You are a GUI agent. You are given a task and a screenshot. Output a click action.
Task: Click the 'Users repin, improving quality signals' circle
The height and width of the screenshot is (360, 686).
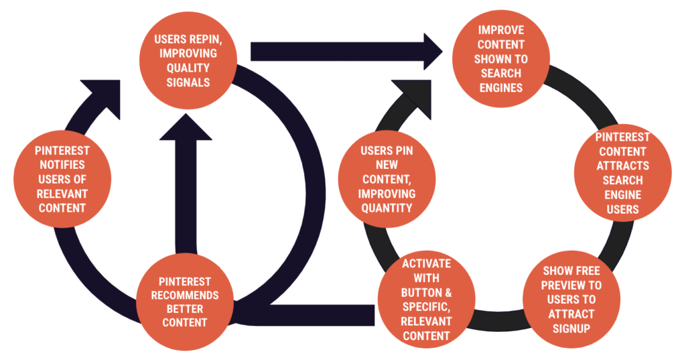(188, 60)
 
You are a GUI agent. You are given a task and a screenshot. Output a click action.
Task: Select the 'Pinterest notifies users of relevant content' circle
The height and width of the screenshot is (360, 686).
(62, 179)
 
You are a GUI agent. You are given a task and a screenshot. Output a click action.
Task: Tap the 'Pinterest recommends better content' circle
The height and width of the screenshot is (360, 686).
(185, 302)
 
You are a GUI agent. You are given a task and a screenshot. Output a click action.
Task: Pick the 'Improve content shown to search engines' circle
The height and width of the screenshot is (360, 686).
(501, 59)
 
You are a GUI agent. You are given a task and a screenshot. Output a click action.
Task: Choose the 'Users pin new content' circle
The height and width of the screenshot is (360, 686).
(387, 179)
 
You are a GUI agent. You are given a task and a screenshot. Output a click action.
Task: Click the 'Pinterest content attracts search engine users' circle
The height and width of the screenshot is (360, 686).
(622, 173)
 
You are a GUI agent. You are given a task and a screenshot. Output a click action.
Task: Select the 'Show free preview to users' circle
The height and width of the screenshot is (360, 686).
(571, 300)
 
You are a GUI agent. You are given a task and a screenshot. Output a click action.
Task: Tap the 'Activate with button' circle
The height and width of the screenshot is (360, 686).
(426, 300)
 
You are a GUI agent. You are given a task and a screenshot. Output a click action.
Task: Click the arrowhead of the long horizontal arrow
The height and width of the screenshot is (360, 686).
(433, 51)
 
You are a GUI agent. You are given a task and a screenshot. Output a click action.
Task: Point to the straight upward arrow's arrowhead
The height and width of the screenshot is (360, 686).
(186, 127)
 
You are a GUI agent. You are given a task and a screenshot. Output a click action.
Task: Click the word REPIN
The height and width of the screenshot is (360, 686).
(205, 40)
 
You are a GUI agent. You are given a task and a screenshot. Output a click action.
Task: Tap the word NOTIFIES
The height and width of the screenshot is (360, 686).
(62, 165)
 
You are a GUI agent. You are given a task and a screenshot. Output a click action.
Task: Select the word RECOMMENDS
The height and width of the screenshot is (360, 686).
(185, 295)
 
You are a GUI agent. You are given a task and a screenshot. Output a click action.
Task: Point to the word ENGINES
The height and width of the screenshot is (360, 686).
(501, 88)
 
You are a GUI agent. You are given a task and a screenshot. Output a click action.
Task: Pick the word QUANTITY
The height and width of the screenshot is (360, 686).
(387, 208)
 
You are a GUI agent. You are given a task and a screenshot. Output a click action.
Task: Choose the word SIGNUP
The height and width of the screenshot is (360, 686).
(571, 328)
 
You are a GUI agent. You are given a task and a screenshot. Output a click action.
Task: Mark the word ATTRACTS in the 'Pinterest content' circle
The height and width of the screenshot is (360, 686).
(622, 166)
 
